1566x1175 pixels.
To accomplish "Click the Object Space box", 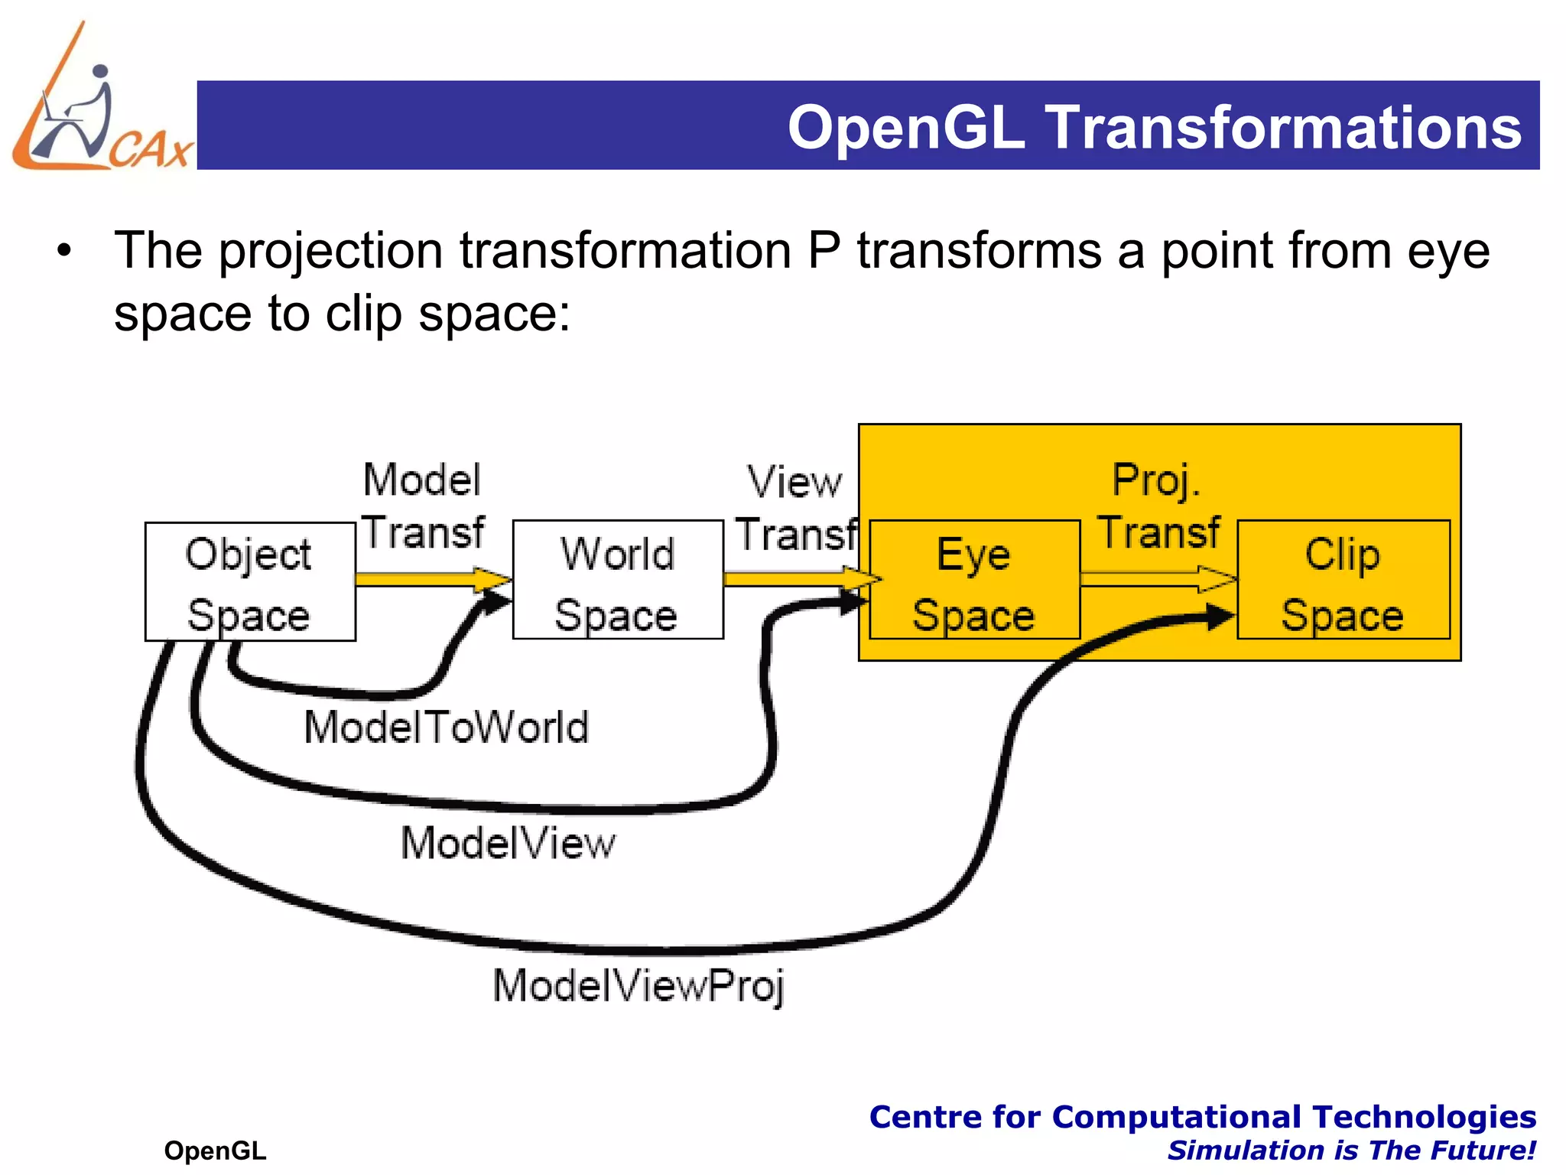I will point(250,582).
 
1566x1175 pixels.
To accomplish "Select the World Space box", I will point(618,580).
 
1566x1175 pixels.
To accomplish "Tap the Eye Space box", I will point(974,580).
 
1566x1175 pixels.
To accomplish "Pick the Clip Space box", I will point(1343,580).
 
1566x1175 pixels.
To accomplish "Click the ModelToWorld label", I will point(447,727).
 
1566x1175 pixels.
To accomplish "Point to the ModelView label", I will point(508,843).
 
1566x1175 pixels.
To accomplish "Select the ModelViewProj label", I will point(638,985).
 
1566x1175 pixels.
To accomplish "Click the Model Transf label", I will point(423,505).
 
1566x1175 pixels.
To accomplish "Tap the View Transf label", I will point(795,507).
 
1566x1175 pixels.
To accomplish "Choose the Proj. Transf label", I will point(1158,505).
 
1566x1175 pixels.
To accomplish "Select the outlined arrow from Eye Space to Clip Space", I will point(1158,579).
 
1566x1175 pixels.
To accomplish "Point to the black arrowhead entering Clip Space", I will point(1219,617).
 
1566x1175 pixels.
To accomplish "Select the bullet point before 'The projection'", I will point(65,251).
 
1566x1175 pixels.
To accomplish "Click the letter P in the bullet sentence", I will point(824,251).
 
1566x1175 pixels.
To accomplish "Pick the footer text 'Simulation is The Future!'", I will point(1351,1151).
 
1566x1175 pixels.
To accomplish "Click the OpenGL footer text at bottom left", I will point(215,1151).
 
